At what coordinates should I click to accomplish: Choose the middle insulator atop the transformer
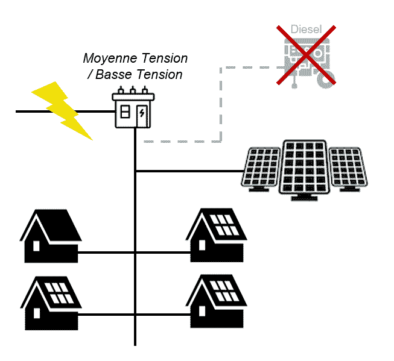(x=133, y=91)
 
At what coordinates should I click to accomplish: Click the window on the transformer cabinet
(x=125, y=113)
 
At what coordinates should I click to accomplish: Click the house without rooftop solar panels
(x=51, y=236)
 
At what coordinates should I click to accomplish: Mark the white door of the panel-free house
(x=36, y=246)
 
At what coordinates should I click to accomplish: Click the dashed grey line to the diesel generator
(x=221, y=102)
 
